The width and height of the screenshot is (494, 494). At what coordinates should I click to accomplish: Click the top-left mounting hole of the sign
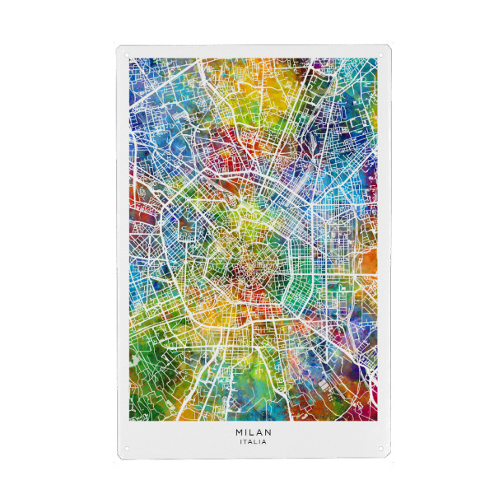[127, 54]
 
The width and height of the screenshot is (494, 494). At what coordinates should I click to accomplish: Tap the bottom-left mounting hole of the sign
[127, 450]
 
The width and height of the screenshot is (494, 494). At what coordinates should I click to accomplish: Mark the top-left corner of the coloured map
[129, 58]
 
